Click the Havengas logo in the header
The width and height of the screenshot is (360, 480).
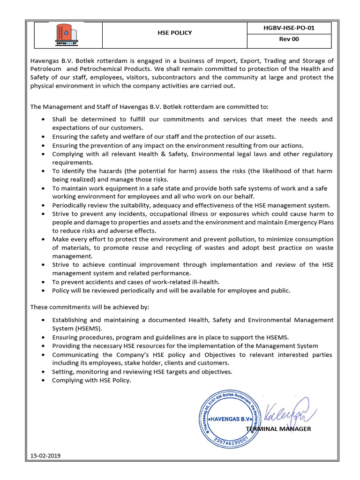(66, 35)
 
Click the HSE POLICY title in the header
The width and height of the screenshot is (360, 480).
(174, 33)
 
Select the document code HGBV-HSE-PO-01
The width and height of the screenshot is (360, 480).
(289, 28)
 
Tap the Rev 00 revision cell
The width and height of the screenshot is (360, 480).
(289, 39)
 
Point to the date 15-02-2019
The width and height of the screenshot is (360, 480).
(45, 456)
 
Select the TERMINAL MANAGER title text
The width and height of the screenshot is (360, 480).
(278, 429)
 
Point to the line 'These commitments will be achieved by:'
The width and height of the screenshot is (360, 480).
(90, 307)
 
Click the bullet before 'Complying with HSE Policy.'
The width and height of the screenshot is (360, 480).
(43, 381)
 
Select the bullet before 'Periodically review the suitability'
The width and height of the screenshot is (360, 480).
(43, 205)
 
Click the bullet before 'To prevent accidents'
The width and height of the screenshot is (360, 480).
(43, 282)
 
